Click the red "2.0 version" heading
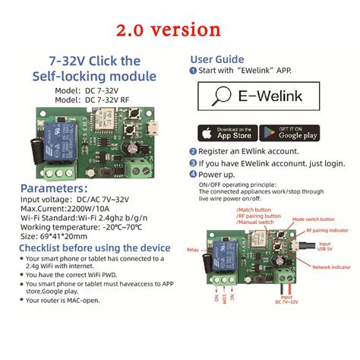[x=179, y=31]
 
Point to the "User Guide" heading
[x=216, y=59]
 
